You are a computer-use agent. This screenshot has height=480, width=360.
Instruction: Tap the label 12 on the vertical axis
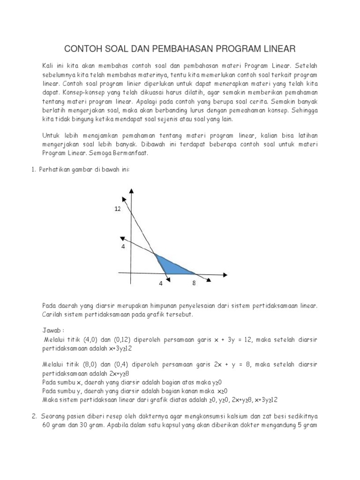[118, 210]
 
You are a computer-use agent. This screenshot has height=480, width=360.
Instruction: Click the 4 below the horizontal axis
[161, 284]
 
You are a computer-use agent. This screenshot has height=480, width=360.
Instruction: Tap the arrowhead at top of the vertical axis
[131, 190]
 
